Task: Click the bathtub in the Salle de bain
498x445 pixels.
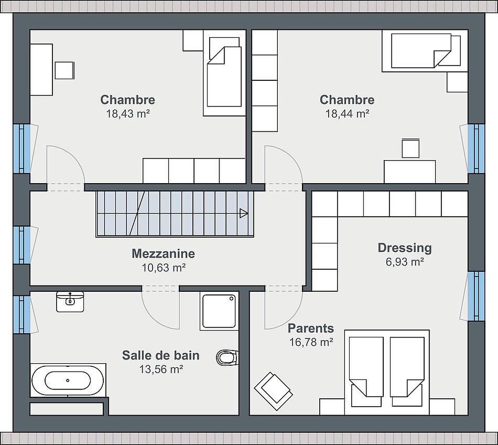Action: tap(68, 380)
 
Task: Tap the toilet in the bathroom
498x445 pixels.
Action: tap(228, 358)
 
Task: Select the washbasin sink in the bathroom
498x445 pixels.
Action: tap(70, 302)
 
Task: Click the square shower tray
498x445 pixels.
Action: tap(219, 311)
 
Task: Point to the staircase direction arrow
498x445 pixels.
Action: tap(244, 213)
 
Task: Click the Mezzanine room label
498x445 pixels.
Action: tap(163, 253)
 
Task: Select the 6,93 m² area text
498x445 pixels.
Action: tap(405, 262)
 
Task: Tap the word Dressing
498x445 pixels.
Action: tap(405, 248)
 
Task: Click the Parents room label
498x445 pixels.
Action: tap(311, 329)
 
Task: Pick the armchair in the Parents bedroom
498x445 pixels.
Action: tap(273, 391)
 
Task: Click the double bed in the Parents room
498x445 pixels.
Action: tap(387, 373)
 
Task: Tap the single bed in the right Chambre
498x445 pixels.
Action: tap(425, 51)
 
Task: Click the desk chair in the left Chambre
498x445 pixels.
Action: tap(64, 70)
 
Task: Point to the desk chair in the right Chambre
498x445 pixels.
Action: tap(410, 148)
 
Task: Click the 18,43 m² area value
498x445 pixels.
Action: tap(128, 114)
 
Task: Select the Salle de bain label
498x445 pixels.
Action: tap(161, 355)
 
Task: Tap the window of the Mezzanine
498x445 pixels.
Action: tap(22, 245)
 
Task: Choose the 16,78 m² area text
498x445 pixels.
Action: tap(311, 342)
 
